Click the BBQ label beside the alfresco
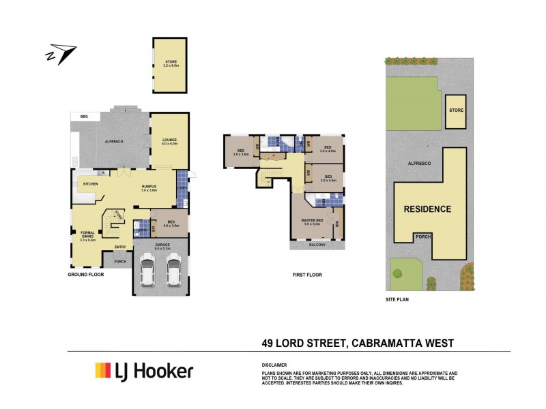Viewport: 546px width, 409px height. tap(84, 117)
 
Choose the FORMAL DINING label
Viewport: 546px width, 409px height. tap(87, 235)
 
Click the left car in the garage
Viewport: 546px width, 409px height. tap(147, 270)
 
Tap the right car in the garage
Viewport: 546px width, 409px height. tap(173, 270)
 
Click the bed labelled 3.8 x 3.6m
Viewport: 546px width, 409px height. tap(240, 152)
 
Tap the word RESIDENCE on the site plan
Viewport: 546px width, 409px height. tap(427, 209)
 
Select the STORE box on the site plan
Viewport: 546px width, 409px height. tap(456, 110)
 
